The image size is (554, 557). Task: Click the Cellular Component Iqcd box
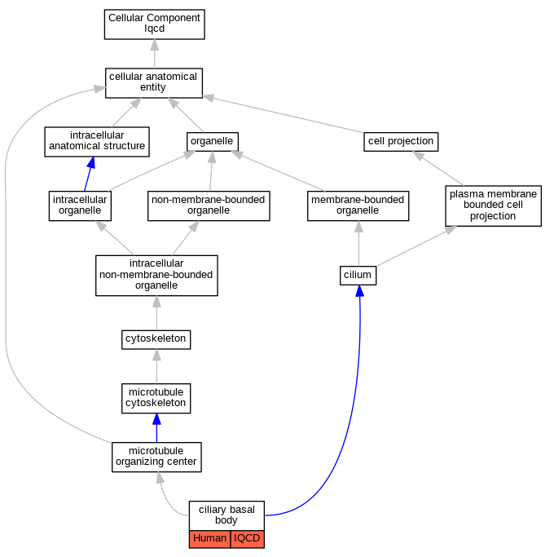click(x=154, y=24)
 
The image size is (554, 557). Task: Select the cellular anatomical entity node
click(x=154, y=82)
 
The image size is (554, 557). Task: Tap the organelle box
click(x=212, y=141)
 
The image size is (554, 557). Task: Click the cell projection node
click(x=401, y=141)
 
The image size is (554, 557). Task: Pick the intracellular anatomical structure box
click(x=97, y=141)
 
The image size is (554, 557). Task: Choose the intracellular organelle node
click(x=80, y=206)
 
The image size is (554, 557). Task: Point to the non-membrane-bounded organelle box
click(x=209, y=206)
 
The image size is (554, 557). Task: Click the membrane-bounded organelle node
click(x=358, y=206)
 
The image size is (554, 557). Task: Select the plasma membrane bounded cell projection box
click(x=494, y=206)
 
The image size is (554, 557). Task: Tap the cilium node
click(x=358, y=276)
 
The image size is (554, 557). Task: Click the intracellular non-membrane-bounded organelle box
click(x=156, y=276)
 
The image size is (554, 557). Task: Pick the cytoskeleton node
click(x=156, y=339)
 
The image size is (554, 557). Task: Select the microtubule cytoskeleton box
click(x=156, y=398)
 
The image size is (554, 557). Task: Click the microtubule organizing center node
click(x=156, y=457)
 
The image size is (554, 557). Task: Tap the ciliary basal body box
click(x=226, y=515)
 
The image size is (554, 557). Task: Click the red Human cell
click(x=209, y=539)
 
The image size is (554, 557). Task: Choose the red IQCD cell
click(x=248, y=539)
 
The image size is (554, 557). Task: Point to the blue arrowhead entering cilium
click(x=359, y=290)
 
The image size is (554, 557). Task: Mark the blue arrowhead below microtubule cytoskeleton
click(x=156, y=419)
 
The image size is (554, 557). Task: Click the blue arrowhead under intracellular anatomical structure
click(x=91, y=162)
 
